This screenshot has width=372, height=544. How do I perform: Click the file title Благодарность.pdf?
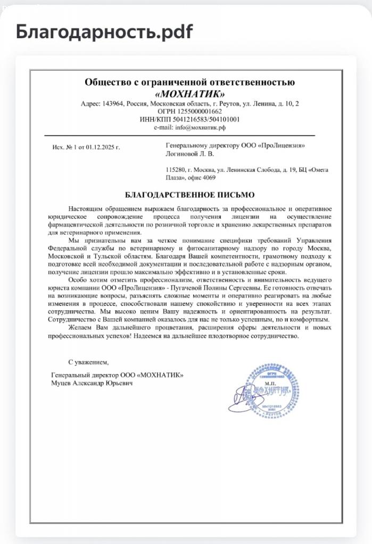click(x=104, y=32)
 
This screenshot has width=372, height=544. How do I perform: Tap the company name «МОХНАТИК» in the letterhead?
click(x=189, y=92)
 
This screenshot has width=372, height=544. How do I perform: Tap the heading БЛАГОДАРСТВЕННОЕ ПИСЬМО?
click(x=190, y=195)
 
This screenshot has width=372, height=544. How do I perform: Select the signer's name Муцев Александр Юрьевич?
click(x=92, y=383)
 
